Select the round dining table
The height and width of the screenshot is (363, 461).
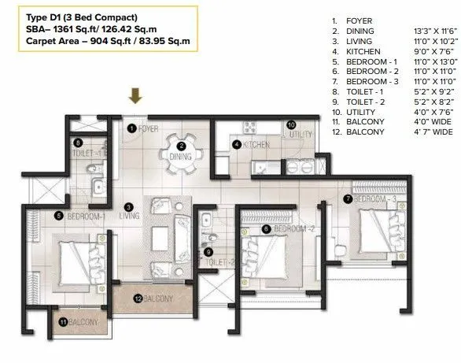point(181,146)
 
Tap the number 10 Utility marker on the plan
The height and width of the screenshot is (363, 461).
point(290,124)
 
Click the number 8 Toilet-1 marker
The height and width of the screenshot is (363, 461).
point(78,143)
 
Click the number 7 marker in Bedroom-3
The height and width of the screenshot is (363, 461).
point(349,199)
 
